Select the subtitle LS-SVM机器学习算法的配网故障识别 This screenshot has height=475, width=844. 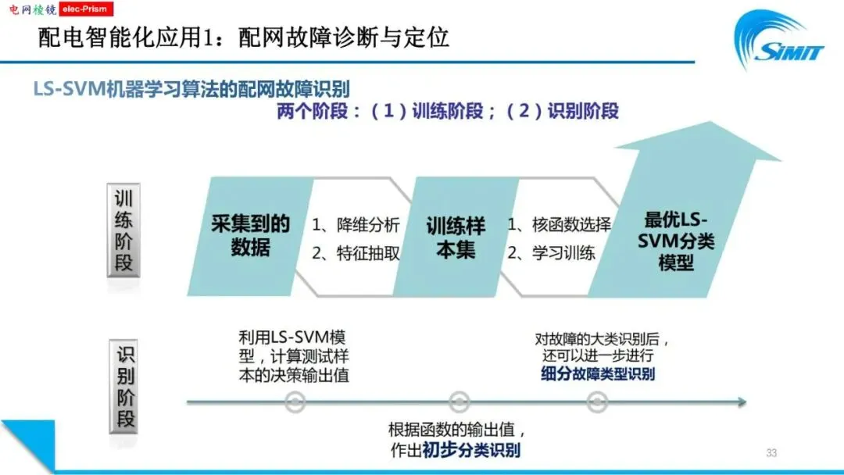[x=191, y=88]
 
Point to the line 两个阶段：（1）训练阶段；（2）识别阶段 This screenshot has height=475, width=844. [x=447, y=111]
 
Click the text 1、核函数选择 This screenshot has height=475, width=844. [x=559, y=225]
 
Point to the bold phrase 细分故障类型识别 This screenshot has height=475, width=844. [x=598, y=374]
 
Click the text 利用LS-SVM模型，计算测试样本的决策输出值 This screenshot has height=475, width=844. [x=294, y=356]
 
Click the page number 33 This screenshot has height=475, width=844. [x=771, y=452]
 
